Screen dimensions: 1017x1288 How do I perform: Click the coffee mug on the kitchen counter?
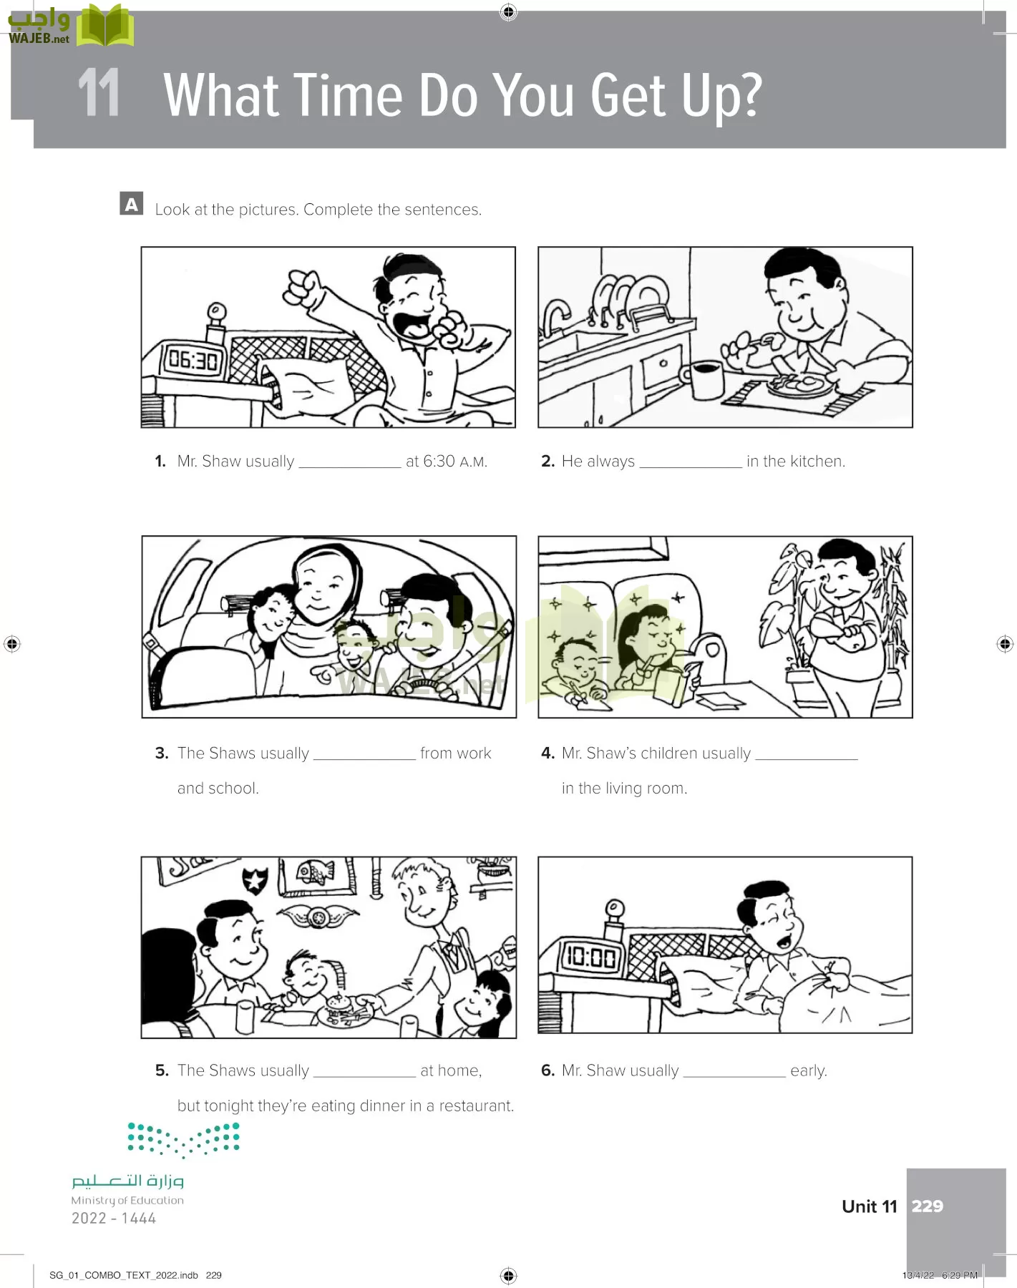click(x=706, y=380)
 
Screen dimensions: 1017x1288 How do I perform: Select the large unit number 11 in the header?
click(x=99, y=93)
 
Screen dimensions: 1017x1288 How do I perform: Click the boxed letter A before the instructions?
click(x=132, y=204)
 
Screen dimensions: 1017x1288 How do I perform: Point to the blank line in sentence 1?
click(x=350, y=467)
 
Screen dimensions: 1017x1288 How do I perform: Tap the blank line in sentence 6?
click(x=734, y=1076)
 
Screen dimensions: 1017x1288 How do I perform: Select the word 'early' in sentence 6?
click(x=809, y=1071)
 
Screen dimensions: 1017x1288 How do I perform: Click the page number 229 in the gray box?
click(x=928, y=1206)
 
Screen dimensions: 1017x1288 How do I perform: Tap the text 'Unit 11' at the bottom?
click(x=870, y=1206)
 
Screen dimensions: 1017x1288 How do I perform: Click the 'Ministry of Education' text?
click(x=127, y=1201)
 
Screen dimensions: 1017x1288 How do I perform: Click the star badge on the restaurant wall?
click(x=255, y=879)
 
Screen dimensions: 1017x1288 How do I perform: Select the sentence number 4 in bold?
click(x=548, y=753)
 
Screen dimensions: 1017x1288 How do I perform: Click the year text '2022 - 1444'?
click(x=114, y=1219)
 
